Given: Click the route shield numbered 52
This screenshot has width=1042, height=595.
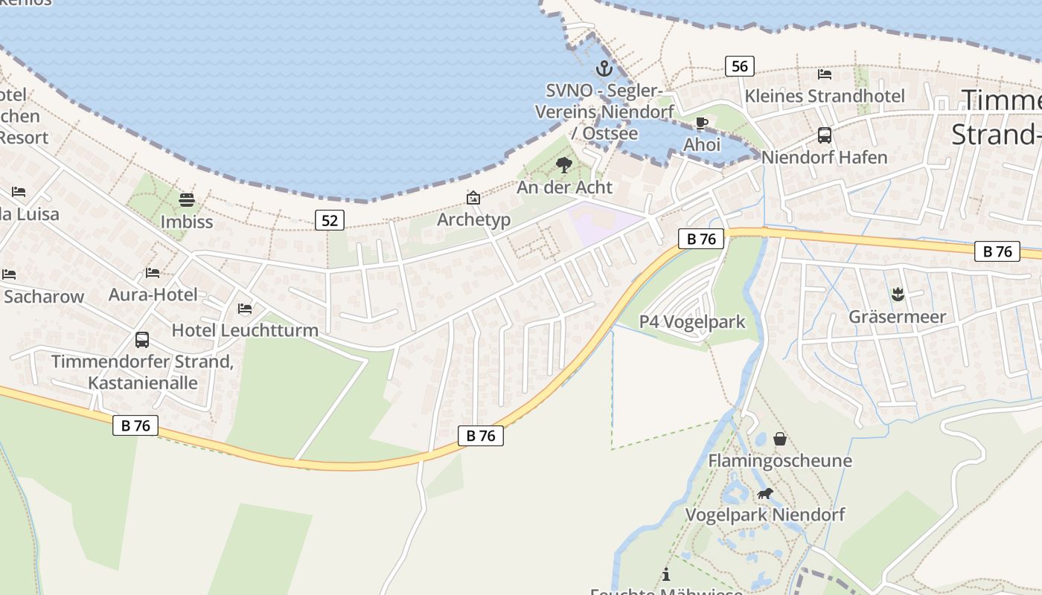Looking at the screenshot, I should click(x=329, y=220).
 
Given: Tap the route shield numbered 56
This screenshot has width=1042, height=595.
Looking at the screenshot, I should click(x=739, y=66).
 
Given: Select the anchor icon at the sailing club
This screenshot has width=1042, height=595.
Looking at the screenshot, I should click(x=604, y=69).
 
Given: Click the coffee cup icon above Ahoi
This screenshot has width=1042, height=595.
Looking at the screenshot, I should click(x=701, y=123).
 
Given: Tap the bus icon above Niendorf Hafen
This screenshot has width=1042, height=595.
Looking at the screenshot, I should click(x=825, y=135).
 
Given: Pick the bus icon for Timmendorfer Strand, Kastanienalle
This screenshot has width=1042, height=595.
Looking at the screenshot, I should click(x=142, y=340).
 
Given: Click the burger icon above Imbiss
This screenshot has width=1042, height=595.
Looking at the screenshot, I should click(x=186, y=199).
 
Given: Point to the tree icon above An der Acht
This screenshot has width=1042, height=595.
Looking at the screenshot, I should click(x=564, y=165).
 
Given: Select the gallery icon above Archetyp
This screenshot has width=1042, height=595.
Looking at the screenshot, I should click(x=473, y=198).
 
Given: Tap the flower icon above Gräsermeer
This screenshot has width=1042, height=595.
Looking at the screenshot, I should click(x=898, y=295).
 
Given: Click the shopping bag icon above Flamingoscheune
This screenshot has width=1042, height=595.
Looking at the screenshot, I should click(x=779, y=439).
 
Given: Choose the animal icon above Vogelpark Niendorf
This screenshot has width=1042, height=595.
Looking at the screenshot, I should click(x=764, y=493).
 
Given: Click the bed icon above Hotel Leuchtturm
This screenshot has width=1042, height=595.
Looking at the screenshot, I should click(x=244, y=308).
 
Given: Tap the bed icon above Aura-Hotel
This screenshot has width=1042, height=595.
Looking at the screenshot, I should click(x=153, y=273).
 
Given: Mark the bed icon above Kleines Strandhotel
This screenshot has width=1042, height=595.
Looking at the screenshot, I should click(x=825, y=74).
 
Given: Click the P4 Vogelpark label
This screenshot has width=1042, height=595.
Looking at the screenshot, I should click(x=692, y=322).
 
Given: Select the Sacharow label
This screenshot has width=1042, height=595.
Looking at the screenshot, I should click(x=44, y=297).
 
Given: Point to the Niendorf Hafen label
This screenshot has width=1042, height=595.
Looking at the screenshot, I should click(x=824, y=158).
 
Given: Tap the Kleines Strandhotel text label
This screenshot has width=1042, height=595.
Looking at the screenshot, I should click(x=825, y=96).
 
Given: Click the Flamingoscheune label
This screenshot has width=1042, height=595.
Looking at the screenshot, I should click(x=779, y=460).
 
